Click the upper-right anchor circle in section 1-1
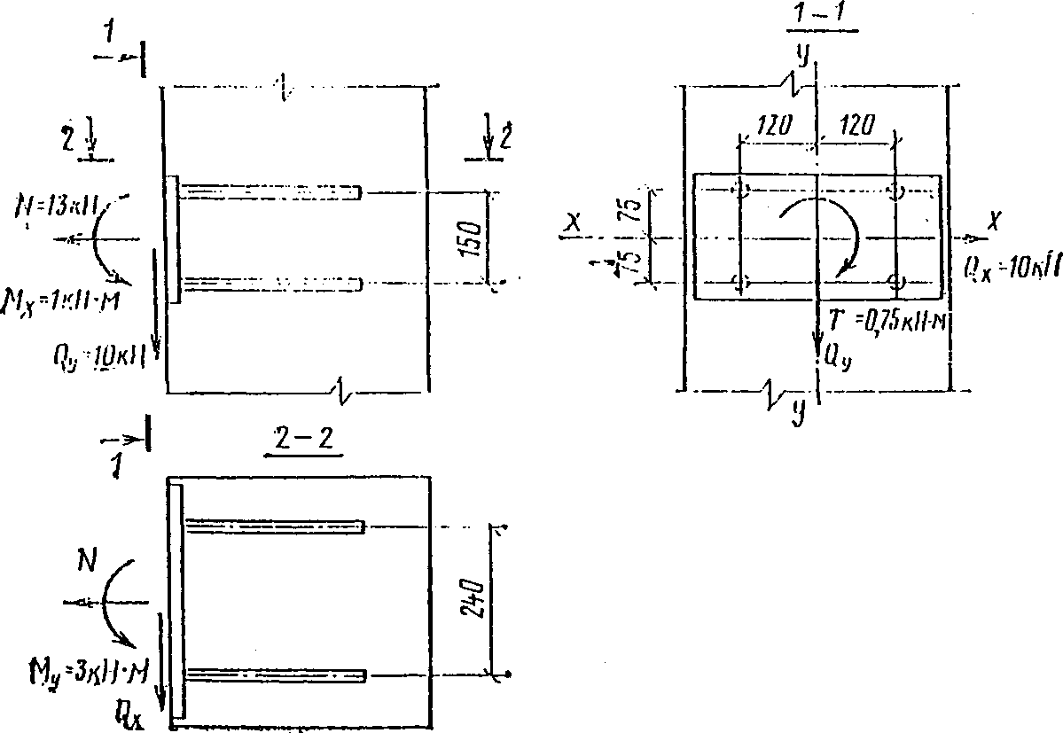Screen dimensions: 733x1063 point(896,192)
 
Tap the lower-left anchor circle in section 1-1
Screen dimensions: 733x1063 point(740,283)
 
